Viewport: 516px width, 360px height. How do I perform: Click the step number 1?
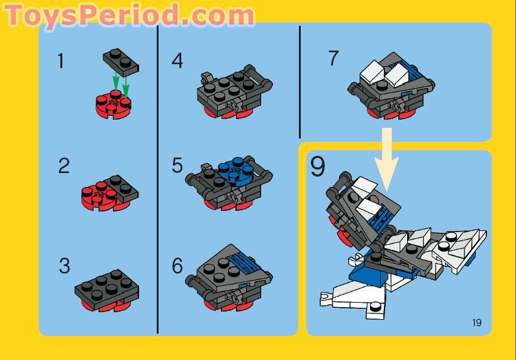click(61, 61)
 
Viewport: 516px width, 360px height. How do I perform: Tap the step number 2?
click(64, 166)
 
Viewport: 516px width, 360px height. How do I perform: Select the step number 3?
click(64, 266)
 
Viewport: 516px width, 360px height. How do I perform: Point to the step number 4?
click(177, 61)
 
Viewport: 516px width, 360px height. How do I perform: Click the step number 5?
click(177, 166)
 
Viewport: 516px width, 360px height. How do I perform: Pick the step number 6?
click(177, 266)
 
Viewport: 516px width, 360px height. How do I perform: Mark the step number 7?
click(334, 59)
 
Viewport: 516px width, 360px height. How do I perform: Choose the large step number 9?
click(318, 167)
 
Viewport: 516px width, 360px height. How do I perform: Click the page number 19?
click(476, 323)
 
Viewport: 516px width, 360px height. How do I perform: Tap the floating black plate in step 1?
click(120, 62)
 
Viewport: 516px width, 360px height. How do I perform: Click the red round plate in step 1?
click(113, 105)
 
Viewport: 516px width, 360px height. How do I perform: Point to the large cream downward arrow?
click(387, 157)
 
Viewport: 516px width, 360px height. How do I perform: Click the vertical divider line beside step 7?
click(300, 82)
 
